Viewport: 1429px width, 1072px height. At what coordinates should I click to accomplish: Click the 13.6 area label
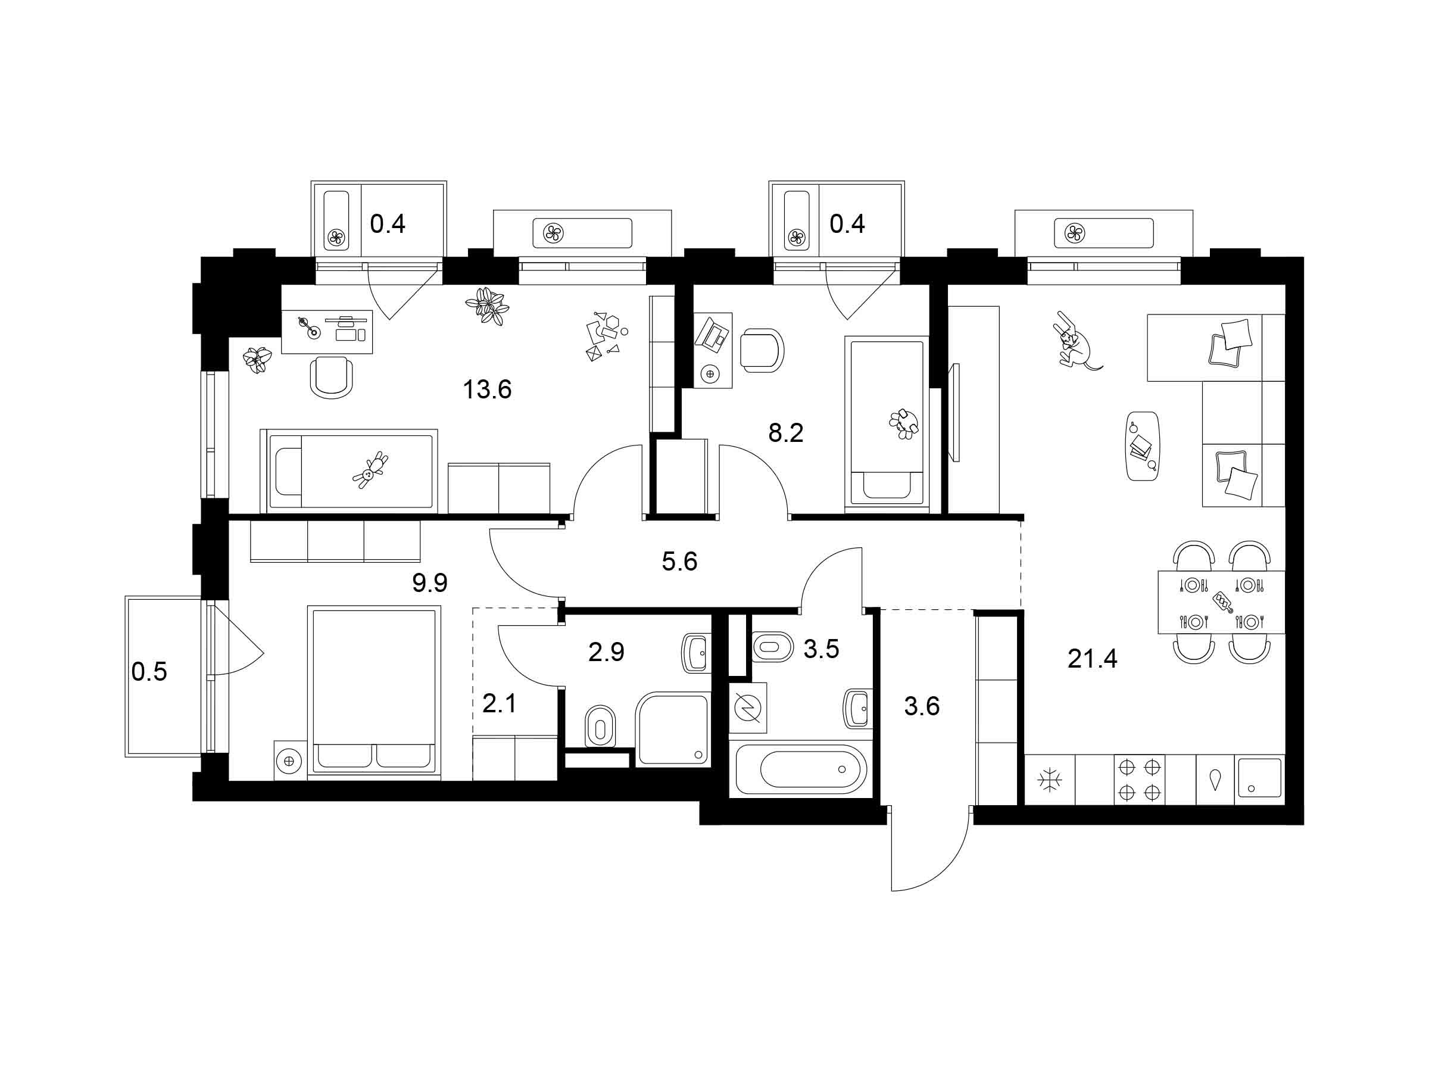coord(487,389)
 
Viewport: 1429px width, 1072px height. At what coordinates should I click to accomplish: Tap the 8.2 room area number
coord(785,433)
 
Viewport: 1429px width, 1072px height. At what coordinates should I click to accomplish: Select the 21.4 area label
coord(1093,659)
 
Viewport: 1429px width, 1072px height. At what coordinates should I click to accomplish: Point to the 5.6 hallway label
coord(679,562)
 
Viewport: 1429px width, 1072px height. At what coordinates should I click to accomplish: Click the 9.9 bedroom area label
coord(430,584)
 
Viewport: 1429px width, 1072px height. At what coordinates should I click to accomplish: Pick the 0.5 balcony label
coord(149,672)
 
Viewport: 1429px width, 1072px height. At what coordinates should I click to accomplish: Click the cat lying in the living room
coord(1074,341)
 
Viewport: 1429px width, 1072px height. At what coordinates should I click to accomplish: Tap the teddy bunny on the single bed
coord(371,470)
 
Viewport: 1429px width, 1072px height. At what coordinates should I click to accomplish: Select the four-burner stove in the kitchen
coord(1140,779)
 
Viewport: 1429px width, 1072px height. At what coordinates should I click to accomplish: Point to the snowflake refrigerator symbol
coord(1050,781)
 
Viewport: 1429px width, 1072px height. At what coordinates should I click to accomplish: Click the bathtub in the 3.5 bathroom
coord(813,769)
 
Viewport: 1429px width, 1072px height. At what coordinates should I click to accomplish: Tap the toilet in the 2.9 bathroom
coord(600,728)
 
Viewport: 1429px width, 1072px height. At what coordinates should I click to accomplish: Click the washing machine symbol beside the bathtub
coord(748,708)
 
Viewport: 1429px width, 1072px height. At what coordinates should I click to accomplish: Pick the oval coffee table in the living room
coord(1143,446)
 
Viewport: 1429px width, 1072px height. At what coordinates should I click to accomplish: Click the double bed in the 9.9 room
coord(374,690)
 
